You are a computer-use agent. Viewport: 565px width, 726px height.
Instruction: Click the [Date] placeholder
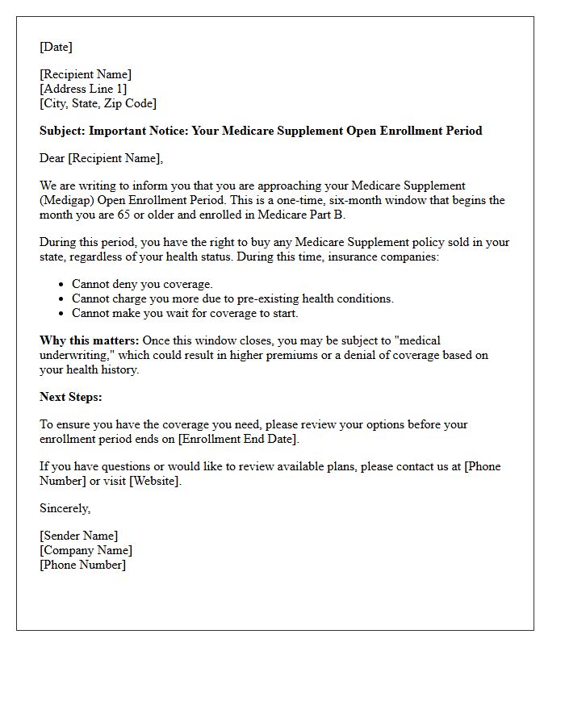pos(56,47)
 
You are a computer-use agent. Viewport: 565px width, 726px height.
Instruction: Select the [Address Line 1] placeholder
pos(83,89)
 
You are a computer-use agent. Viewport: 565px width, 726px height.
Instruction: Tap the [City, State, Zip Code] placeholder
pos(98,103)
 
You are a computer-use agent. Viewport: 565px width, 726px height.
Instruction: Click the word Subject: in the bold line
pos(63,131)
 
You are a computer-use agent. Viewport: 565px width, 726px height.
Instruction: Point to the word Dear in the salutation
pos(52,158)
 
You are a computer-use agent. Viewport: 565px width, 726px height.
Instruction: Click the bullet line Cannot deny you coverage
pos(142,284)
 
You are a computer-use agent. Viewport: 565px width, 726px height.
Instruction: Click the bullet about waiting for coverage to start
pos(185,313)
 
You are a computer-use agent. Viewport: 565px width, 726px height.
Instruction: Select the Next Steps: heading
pos(71,397)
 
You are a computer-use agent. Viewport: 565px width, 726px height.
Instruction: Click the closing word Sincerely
pos(65,508)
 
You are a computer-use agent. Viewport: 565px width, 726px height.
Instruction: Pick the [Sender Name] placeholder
pos(78,536)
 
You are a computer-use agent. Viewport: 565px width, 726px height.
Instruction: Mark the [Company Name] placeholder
pos(86,550)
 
